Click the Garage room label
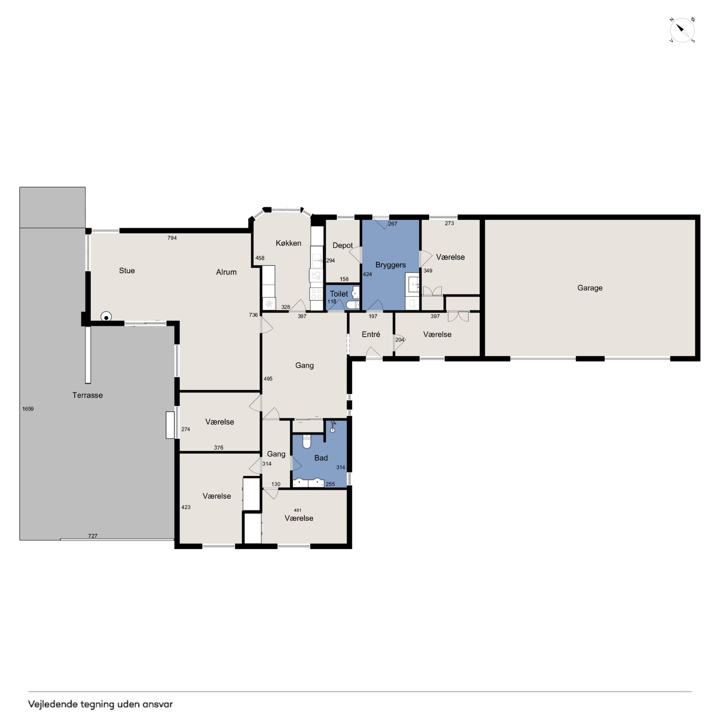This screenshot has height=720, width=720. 590,288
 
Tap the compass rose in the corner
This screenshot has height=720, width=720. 682,30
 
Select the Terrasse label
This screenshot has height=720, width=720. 88,395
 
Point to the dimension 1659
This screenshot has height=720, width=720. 28,409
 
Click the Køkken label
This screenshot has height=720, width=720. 289,243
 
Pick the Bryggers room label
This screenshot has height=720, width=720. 390,265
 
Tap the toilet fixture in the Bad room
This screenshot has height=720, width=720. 307,441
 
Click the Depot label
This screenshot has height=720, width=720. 343,245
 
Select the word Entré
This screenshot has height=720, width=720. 371,334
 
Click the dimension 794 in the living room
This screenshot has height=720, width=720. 172,238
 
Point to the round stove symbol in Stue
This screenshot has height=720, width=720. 106,317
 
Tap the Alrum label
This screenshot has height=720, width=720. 226,272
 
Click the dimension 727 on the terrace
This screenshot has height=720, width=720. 93,536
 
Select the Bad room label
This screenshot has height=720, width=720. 321,458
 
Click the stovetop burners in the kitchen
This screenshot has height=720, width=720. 317,294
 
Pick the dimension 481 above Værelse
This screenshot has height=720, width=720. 297,510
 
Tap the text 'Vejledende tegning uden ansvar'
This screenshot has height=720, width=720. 101,704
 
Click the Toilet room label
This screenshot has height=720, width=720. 339,294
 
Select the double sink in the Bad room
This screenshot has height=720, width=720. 308,483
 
